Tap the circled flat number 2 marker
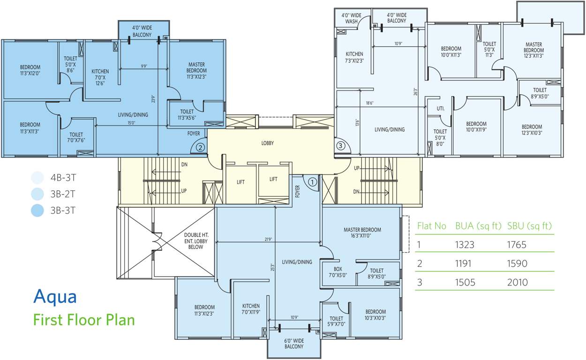pos(200,147)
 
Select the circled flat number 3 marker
pos(341,146)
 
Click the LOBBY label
pos(268,143)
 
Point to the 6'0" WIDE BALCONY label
pos(294,343)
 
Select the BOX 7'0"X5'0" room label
pos(338,272)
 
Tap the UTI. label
pos(440,108)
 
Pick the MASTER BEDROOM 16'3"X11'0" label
pos(362,233)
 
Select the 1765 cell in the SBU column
pos(517,245)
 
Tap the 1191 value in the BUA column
pos(465,263)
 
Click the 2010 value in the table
pos(517,282)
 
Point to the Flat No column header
pos(431,226)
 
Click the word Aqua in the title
pos(55,296)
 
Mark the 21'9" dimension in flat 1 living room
pos(268,240)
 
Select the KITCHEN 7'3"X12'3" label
pos(354,57)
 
